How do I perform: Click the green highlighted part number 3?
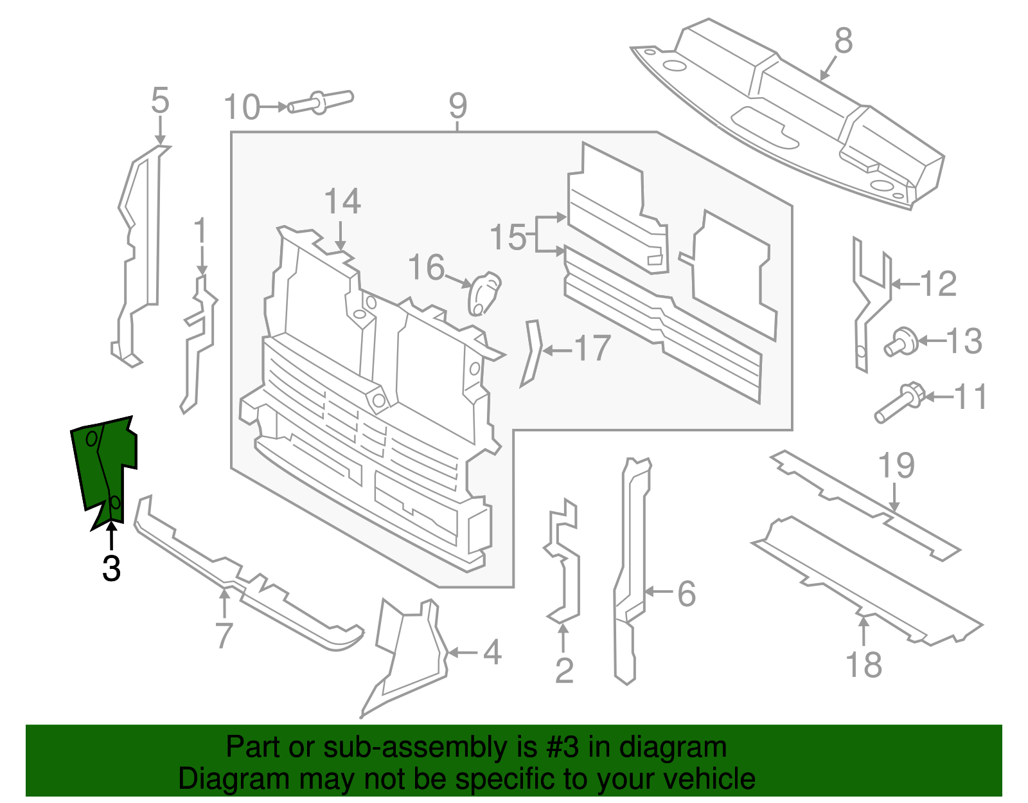click(103, 466)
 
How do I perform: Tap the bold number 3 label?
click(111, 569)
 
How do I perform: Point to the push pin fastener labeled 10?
click(320, 102)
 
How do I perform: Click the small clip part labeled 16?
click(484, 293)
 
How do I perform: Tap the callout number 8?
click(844, 41)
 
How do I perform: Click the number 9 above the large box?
click(457, 105)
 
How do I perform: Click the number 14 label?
click(342, 202)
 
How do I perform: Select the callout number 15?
click(508, 237)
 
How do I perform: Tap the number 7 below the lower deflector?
click(224, 635)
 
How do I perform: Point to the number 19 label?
click(896, 465)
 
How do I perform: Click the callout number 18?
click(864, 665)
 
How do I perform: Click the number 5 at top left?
click(160, 101)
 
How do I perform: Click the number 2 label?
click(564, 671)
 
